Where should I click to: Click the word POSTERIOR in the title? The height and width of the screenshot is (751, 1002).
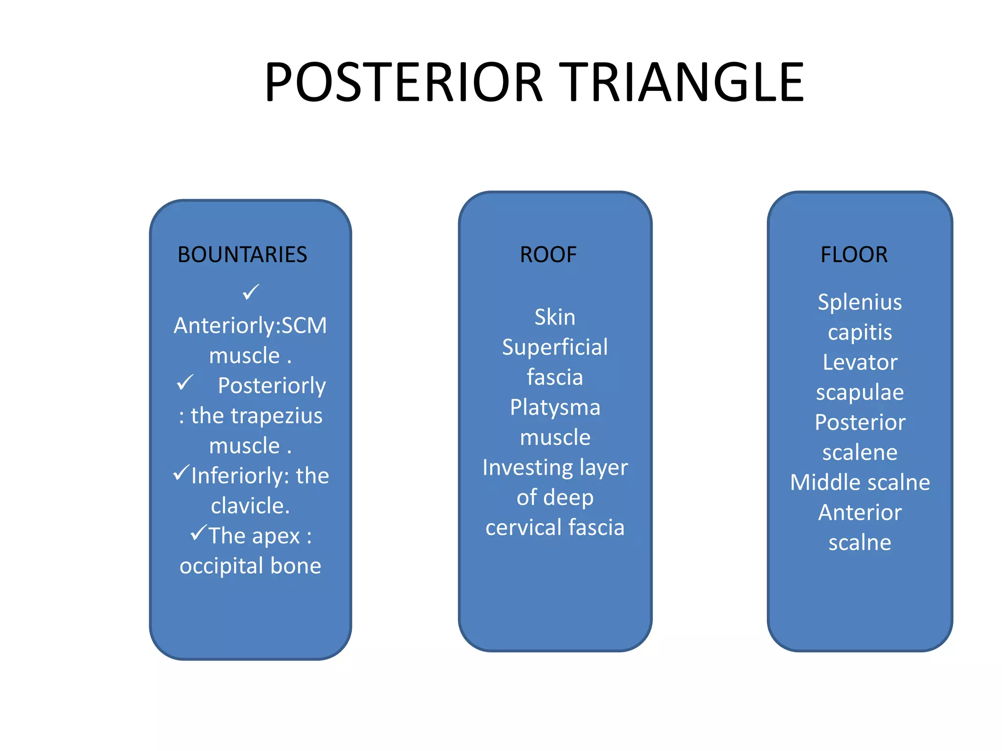pos(404,82)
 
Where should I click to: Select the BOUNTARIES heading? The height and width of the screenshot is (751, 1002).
pos(242,255)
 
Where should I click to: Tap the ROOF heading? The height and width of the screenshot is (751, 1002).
pos(548,255)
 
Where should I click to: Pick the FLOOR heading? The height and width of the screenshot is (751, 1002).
pos(854,255)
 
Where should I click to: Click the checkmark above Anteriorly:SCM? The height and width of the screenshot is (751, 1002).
pos(250,292)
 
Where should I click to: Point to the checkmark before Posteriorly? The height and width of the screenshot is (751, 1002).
pos(185,383)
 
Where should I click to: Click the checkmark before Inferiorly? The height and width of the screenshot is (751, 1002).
pos(181,473)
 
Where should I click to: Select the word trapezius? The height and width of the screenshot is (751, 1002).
pos(276,416)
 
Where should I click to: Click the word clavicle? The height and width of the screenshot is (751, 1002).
pos(250,506)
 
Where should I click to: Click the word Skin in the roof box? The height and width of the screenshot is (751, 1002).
pos(555,317)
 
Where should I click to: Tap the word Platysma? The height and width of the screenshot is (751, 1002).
pos(555,408)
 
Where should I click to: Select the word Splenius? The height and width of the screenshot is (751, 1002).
pos(860,302)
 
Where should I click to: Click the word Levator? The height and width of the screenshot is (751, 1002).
pos(860,363)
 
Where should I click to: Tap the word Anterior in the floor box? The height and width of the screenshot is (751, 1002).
pos(860,513)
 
